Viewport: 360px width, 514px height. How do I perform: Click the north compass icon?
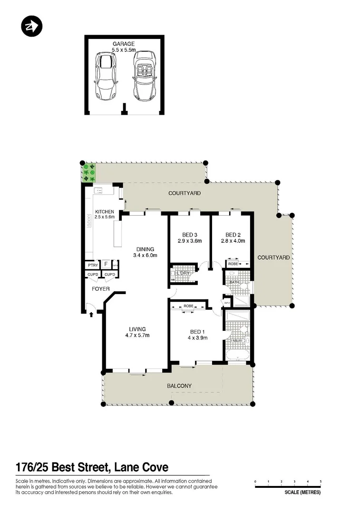(x=32, y=26)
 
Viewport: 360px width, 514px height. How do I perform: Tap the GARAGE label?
(x=123, y=44)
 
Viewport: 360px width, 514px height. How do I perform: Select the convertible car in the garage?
(x=145, y=76)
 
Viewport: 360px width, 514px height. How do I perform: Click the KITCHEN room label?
(x=104, y=211)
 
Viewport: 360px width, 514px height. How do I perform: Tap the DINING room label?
(x=146, y=249)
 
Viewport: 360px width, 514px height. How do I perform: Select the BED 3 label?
(x=190, y=235)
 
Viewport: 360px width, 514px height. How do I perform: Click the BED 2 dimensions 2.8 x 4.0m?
(x=233, y=241)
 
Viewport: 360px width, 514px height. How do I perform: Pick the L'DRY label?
(x=184, y=273)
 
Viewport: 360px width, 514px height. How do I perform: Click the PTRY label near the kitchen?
(x=92, y=265)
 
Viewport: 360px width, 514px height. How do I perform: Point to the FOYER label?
(x=100, y=289)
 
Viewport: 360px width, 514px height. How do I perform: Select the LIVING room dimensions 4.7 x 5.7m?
(x=137, y=335)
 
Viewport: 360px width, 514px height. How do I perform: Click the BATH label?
(x=234, y=282)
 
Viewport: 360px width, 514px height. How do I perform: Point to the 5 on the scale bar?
(x=321, y=482)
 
